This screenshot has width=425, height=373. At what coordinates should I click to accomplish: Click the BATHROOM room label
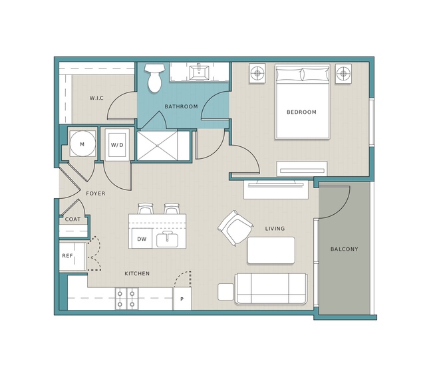click(x=181, y=107)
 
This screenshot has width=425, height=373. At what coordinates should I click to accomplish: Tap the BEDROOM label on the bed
click(x=301, y=112)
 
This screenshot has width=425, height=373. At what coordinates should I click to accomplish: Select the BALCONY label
click(x=345, y=249)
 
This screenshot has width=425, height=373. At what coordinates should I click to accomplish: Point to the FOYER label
click(x=95, y=193)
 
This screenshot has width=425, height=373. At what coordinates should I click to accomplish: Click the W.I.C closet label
click(x=96, y=98)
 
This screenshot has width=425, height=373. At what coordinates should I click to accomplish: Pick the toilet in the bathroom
click(x=154, y=78)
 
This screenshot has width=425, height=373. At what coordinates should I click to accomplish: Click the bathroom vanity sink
click(x=199, y=72)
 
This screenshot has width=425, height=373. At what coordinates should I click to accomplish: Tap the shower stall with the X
click(x=157, y=146)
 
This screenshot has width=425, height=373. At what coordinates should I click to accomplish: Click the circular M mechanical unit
click(x=82, y=144)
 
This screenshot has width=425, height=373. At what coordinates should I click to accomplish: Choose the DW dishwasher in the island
click(x=142, y=239)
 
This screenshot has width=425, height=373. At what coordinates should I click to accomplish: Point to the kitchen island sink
click(x=167, y=239)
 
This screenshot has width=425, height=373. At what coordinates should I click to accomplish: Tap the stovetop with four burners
click(x=126, y=299)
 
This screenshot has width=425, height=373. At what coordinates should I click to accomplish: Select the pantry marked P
click(x=182, y=299)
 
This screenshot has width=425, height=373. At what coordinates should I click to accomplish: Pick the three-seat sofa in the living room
click(x=271, y=289)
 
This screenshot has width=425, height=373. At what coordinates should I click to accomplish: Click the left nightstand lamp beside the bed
click(x=257, y=73)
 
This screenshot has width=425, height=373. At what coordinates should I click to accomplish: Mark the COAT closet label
click(x=72, y=219)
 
